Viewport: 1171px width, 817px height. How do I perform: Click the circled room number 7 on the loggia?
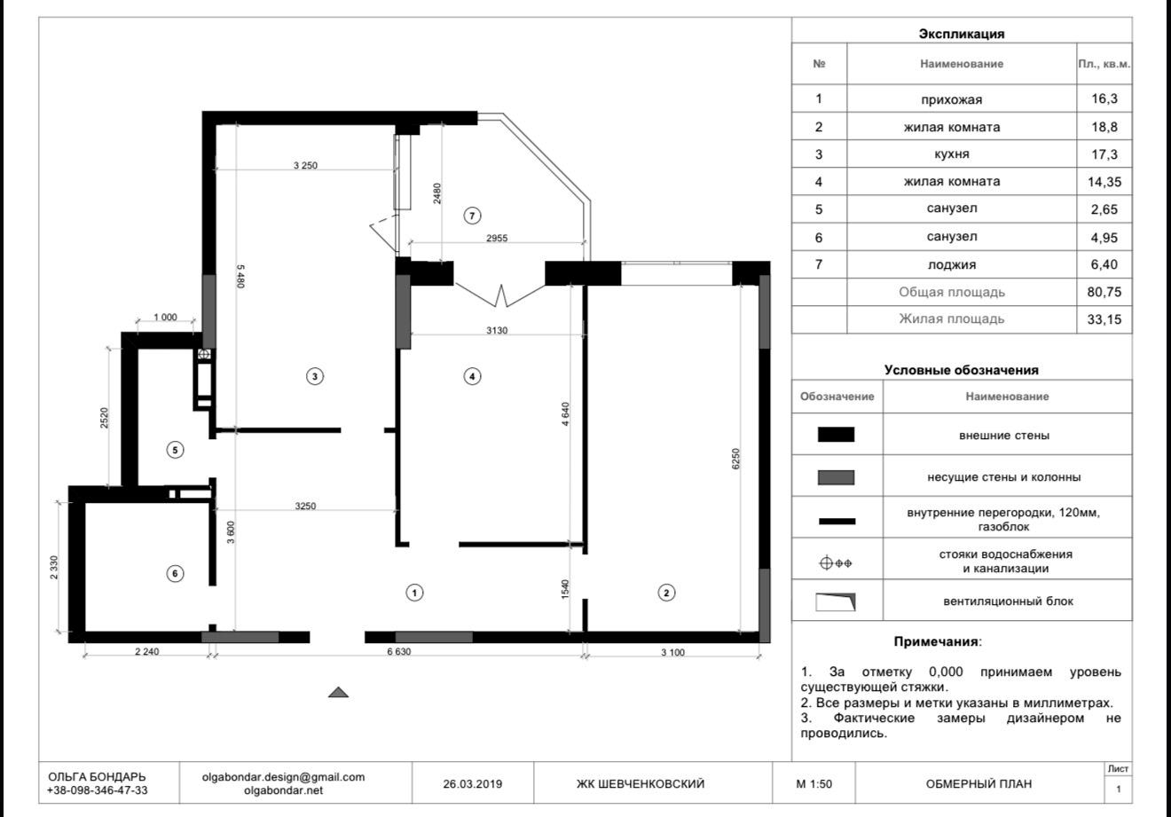[472, 216]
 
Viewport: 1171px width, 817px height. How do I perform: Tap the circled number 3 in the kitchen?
[315, 376]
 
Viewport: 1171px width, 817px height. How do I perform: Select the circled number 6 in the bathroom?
[175, 573]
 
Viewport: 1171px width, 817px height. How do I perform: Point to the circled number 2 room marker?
[666, 593]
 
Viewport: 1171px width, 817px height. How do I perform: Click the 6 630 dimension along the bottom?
[399, 651]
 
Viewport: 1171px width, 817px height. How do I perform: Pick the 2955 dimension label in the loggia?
[497, 238]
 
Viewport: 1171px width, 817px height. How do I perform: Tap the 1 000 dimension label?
[165, 317]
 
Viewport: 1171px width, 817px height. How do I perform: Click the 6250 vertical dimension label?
[735, 459]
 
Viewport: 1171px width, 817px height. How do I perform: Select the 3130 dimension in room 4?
[497, 330]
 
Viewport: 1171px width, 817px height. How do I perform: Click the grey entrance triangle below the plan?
[338, 693]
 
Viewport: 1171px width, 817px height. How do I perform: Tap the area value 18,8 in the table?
[1104, 127]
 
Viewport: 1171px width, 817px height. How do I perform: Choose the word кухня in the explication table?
[951, 153]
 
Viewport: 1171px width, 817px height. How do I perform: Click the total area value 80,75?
[1104, 292]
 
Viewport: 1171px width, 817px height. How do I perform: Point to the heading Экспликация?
[962, 34]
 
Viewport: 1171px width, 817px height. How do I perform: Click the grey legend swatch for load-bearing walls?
[836, 477]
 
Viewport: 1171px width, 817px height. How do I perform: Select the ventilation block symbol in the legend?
[836, 601]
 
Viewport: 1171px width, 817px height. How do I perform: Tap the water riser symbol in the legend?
[836, 563]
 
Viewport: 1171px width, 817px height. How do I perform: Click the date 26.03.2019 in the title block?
[473, 783]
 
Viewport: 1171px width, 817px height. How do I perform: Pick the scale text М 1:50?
[814, 783]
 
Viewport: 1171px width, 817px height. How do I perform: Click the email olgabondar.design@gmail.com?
[283, 777]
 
